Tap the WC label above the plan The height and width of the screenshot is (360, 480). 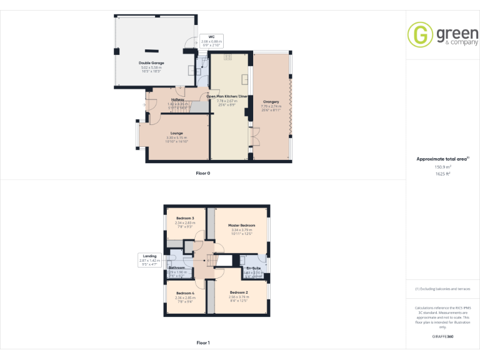click(212, 37)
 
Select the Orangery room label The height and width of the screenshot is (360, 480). click(271, 101)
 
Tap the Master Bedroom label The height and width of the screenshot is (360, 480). click(241, 225)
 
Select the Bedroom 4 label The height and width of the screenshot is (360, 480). click(186, 293)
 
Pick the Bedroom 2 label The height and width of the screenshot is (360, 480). click(239, 292)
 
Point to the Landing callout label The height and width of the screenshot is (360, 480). click(149, 256)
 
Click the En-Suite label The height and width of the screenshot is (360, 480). click(253, 268)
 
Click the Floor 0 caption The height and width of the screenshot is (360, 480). click(203, 173)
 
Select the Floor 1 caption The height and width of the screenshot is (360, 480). click(203, 342)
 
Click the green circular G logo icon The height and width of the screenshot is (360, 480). click(420, 34)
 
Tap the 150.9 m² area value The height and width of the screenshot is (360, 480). click(442, 167)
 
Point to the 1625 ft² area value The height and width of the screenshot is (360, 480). click(442, 174)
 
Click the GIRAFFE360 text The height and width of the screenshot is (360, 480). click(442, 336)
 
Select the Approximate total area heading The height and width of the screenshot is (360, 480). click(441, 159)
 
